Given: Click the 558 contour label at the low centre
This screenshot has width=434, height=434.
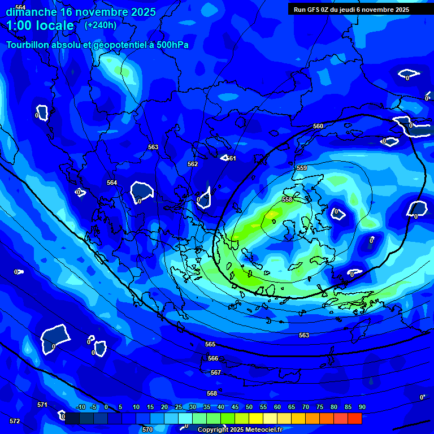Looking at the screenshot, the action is pos(287,200).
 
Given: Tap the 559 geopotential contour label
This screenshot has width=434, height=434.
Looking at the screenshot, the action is pos(302,168).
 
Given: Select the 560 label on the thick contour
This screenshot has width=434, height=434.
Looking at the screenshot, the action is pos(318,126).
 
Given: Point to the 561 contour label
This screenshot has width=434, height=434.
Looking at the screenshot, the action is pos(231,159).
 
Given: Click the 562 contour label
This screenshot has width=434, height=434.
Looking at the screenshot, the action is pos(193,164).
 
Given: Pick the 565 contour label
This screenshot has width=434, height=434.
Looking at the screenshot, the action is pos(210,344).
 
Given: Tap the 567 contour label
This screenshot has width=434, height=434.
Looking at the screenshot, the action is pos(215,372).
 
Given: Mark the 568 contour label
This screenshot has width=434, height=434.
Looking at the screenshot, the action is pos(212,393).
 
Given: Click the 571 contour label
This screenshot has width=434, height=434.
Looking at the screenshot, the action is pos(42,405).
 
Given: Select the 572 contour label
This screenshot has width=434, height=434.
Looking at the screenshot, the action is pos(15,421).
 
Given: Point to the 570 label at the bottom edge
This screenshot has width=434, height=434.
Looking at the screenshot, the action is pos(147,429).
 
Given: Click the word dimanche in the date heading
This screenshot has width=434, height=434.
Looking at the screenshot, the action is pos(31,12).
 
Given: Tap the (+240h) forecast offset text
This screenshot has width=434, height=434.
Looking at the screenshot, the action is pos(101,25).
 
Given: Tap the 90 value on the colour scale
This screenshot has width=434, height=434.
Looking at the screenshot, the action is pos(362,407).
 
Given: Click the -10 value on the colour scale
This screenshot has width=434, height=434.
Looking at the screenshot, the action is pos(80,407).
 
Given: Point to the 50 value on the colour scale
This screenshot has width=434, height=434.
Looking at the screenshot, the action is pos(249,407).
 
